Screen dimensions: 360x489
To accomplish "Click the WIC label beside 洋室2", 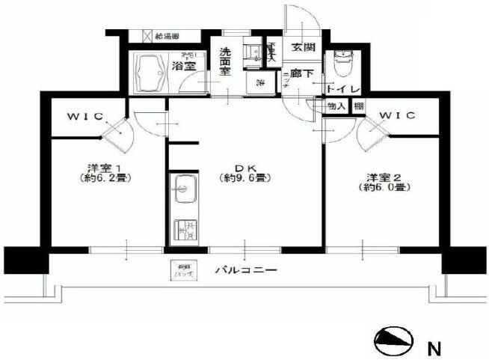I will point(396,116).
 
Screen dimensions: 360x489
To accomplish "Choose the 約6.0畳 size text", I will point(387,188).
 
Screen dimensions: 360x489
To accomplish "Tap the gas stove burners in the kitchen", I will point(183,230).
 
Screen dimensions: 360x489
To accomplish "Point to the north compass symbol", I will point(394,343).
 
